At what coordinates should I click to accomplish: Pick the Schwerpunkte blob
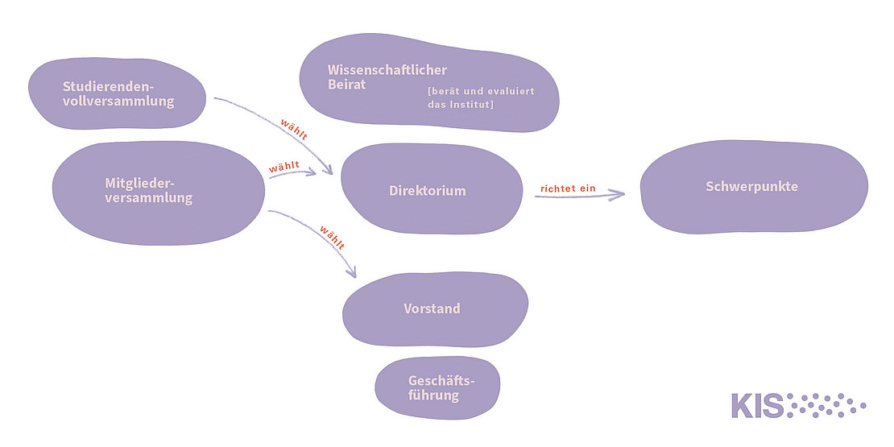(x=753, y=187)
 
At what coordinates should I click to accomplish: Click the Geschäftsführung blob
(x=437, y=387)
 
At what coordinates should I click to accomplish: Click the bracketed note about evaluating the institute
(x=481, y=98)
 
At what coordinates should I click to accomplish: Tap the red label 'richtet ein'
(x=568, y=188)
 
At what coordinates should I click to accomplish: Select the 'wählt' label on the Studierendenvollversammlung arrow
(x=293, y=130)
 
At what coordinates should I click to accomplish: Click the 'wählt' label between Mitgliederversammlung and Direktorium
(x=284, y=167)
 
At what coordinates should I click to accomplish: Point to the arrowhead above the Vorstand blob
(x=352, y=271)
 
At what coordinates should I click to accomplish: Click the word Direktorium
(x=428, y=192)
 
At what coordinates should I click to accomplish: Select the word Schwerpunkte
(x=751, y=186)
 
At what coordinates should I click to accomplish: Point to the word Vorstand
(x=432, y=308)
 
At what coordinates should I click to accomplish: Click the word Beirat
(x=346, y=84)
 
